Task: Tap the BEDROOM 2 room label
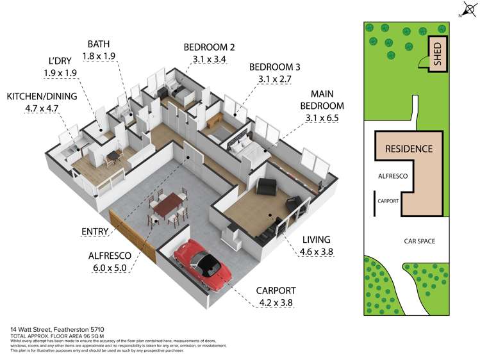point(209,47)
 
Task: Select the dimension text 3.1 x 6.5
point(322,118)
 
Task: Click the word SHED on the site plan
point(438,54)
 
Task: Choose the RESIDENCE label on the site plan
point(408,149)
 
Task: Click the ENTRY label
point(95,231)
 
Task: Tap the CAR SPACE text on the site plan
point(419,241)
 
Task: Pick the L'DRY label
point(60,61)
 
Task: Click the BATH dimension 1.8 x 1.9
point(101,56)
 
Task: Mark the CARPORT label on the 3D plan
point(274,291)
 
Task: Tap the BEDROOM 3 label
point(275,67)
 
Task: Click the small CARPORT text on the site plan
point(388,200)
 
